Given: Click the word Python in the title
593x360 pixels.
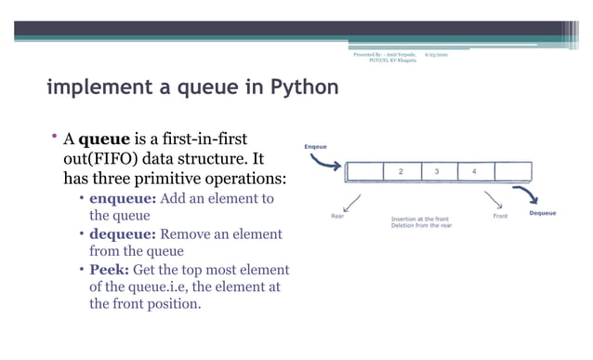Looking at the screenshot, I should pyautogui.click(x=303, y=89).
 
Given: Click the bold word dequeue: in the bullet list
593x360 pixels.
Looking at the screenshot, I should pyautogui.click(x=125, y=234).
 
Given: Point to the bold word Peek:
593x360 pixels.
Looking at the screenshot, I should pyautogui.click(x=109, y=270).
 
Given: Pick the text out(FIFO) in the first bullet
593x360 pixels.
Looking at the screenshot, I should pyautogui.click(x=99, y=158).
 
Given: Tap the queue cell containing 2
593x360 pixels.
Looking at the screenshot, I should pyautogui.click(x=400, y=172).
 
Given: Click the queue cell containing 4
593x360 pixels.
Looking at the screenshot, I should pyautogui.click(x=474, y=172).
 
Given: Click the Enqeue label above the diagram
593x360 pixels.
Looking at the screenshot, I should pyautogui.click(x=315, y=147).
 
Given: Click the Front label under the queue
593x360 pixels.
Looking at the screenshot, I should pyautogui.click(x=500, y=216).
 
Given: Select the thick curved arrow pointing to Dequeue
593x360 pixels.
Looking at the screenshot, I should pyautogui.click(x=529, y=193).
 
